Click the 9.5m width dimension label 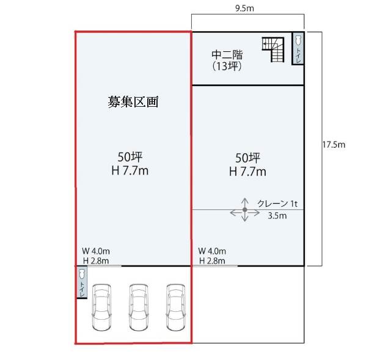pyautogui.click(x=244, y=9)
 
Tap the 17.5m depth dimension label pyautogui.click(x=334, y=145)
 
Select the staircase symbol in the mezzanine pyautogui.click(x=273, y=49)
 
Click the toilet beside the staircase pyautogui.click(x=298, y=48)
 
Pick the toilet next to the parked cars pyautogui.click(x=82, y=282)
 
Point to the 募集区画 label pyautogui.click(x=133, y=101)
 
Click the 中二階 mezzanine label pyautogui.click(x=227, y=55)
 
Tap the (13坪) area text pyautogui.click(x=227, y=67)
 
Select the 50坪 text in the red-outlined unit pyautogui.click(x=130, y=157)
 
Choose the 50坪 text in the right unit pyautogui.click(x=247, y=158)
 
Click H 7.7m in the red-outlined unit pyautogui.click(x=130, y=171)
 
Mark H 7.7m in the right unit pyautogui.click(x=247, y=171)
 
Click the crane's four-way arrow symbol pyautogui.click(x=245, y=210)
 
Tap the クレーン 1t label pyautogui.click(x=277, y=204)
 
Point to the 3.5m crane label pyautogui.click(x=277, y=215)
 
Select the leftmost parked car pyautogui.click(x=102, y=308)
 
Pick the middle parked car pyautogui.click(x=139, y=308)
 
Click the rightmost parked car pyautogui.click(x=176, y=308)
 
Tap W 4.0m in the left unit pyautogui.click(x=96, y=251)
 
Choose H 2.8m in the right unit pyautogui.click(x=212, y=261)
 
